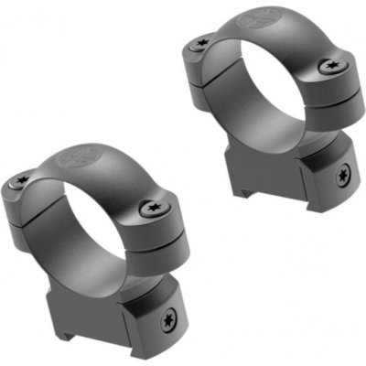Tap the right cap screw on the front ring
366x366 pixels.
pos(151,209)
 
